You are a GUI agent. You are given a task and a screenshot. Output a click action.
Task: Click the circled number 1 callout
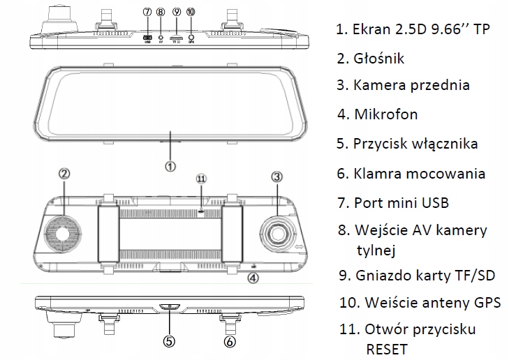tap(171, 166)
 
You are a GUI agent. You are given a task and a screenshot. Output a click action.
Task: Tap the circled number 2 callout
tap(64, 174)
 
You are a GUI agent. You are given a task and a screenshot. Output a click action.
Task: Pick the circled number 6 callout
tap(230, 342)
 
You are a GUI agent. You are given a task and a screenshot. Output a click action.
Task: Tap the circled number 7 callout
tap(147, 12)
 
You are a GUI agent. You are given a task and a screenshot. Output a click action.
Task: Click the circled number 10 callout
tap(191, 12)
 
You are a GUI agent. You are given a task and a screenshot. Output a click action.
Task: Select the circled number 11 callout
tap(202, 179)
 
